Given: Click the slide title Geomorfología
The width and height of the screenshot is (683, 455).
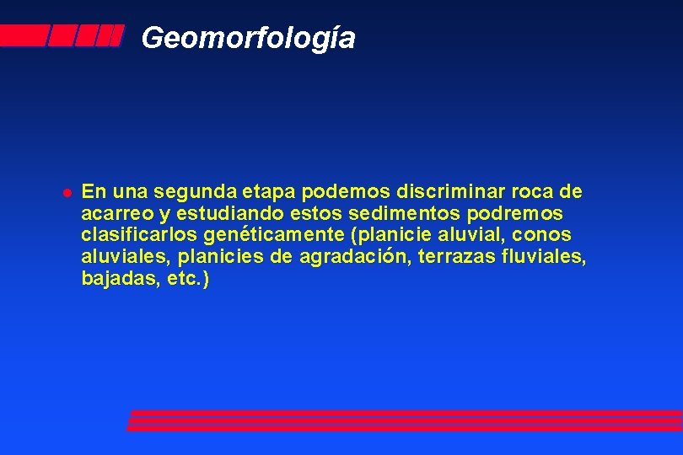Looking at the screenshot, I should [249, 38].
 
